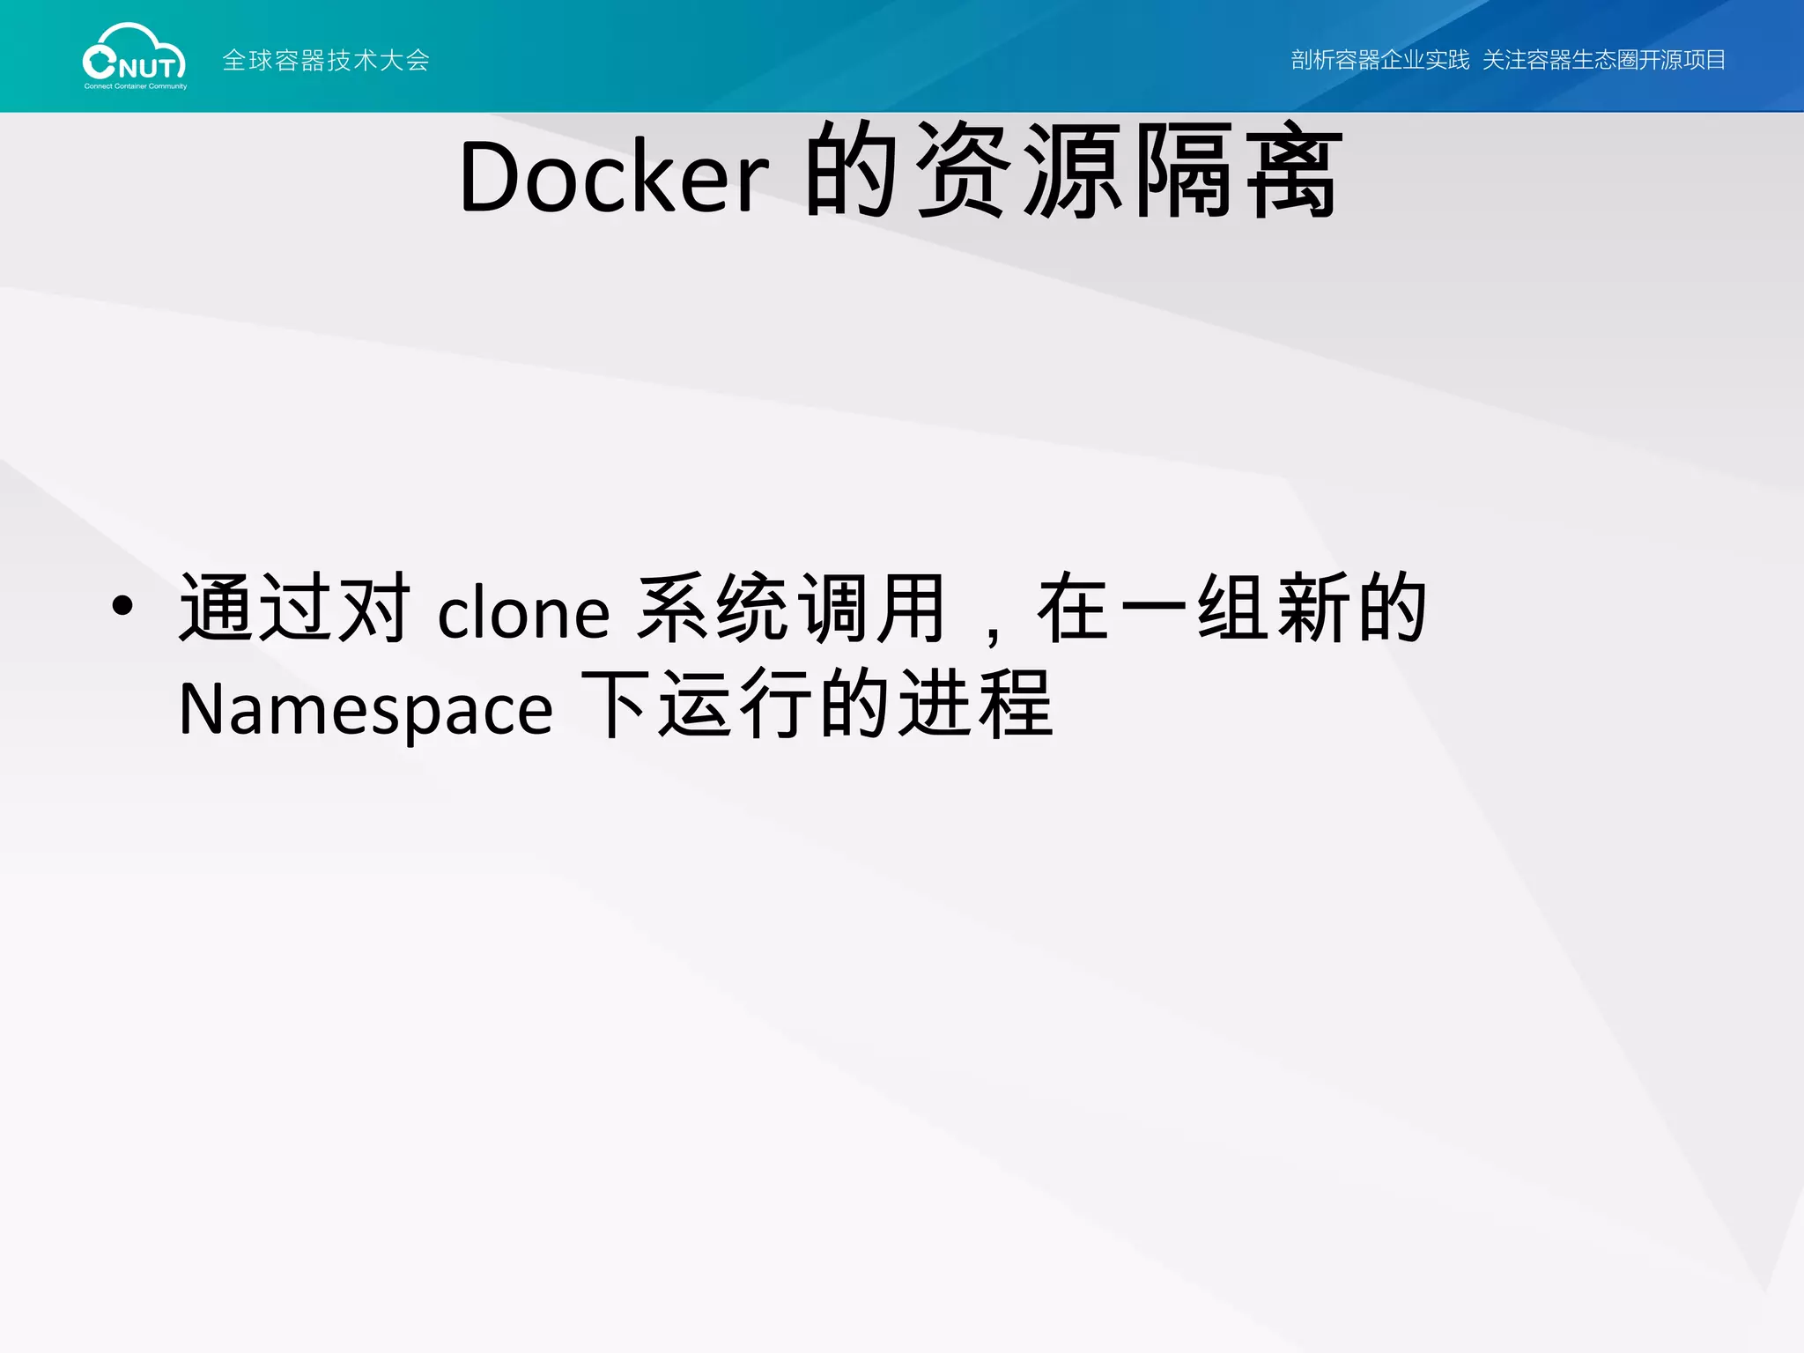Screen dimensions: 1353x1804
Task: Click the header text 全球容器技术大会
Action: pos(326,60)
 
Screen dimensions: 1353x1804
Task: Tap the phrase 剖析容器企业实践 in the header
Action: pos(1379,60)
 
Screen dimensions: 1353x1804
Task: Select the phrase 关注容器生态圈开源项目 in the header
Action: pos(1603,60)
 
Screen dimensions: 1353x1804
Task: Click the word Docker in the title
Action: pos(614,176)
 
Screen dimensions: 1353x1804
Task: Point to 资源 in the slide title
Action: pos(1020,171)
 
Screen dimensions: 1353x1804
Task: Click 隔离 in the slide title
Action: pos(1238,171)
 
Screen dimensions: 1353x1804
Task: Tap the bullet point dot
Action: pos(122,605)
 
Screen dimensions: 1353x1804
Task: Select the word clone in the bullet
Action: pos(523,613)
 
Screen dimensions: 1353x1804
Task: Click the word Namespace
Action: pos(366,710)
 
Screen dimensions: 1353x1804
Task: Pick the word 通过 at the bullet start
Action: pos(256,607)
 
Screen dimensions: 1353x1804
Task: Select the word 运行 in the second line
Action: pos(736,704)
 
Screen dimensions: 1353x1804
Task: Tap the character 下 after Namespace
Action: pos(615,704)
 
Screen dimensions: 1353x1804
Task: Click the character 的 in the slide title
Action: pos(851,171)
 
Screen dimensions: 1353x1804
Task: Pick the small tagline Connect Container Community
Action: pos(136,86)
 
